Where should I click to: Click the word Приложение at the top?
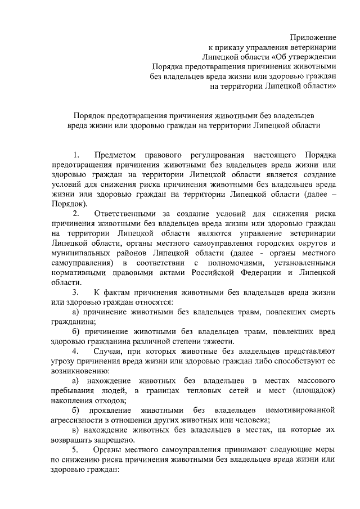coord(313,37)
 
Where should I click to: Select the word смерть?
coord(322,312)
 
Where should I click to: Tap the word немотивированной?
coord(298,411)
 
